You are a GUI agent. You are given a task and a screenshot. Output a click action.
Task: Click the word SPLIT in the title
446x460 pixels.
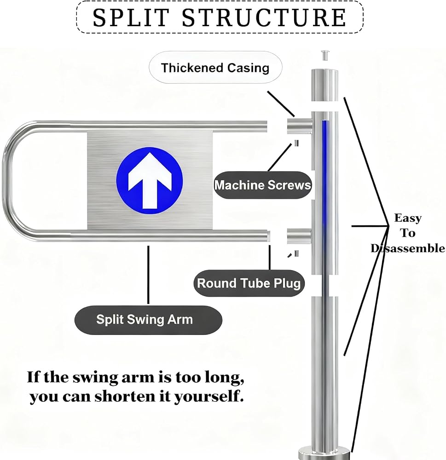[131, 17]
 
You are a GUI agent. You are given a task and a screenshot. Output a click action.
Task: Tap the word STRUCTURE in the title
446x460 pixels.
[264, 17]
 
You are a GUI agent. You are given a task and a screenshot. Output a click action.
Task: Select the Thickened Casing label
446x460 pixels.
[215, 68]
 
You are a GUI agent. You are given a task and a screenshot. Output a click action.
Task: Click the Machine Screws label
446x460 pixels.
[262, 185]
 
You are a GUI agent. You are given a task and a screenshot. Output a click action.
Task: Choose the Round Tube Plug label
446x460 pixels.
[249, 283]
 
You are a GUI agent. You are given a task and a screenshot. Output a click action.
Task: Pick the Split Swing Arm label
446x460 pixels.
[148, 320]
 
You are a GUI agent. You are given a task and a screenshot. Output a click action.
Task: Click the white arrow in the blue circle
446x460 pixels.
[150, 180]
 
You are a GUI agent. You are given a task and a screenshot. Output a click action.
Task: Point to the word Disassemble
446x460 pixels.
[407, 248]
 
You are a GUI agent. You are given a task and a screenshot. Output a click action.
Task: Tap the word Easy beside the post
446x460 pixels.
[407, 218]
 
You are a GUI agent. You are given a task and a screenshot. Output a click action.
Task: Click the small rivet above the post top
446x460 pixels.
[324, 55]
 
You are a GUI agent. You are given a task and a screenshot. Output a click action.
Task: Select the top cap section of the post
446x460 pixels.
[324, 85]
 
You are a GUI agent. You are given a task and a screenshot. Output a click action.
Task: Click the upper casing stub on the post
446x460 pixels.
[300, 126]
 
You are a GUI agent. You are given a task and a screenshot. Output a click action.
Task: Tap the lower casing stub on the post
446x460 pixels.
[299, 236]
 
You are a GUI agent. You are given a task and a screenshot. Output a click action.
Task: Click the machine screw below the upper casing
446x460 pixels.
[296, 143]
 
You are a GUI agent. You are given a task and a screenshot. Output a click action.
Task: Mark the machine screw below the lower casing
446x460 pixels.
[296, 253]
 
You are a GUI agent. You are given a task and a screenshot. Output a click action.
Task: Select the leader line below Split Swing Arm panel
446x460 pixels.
[148, 275]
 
